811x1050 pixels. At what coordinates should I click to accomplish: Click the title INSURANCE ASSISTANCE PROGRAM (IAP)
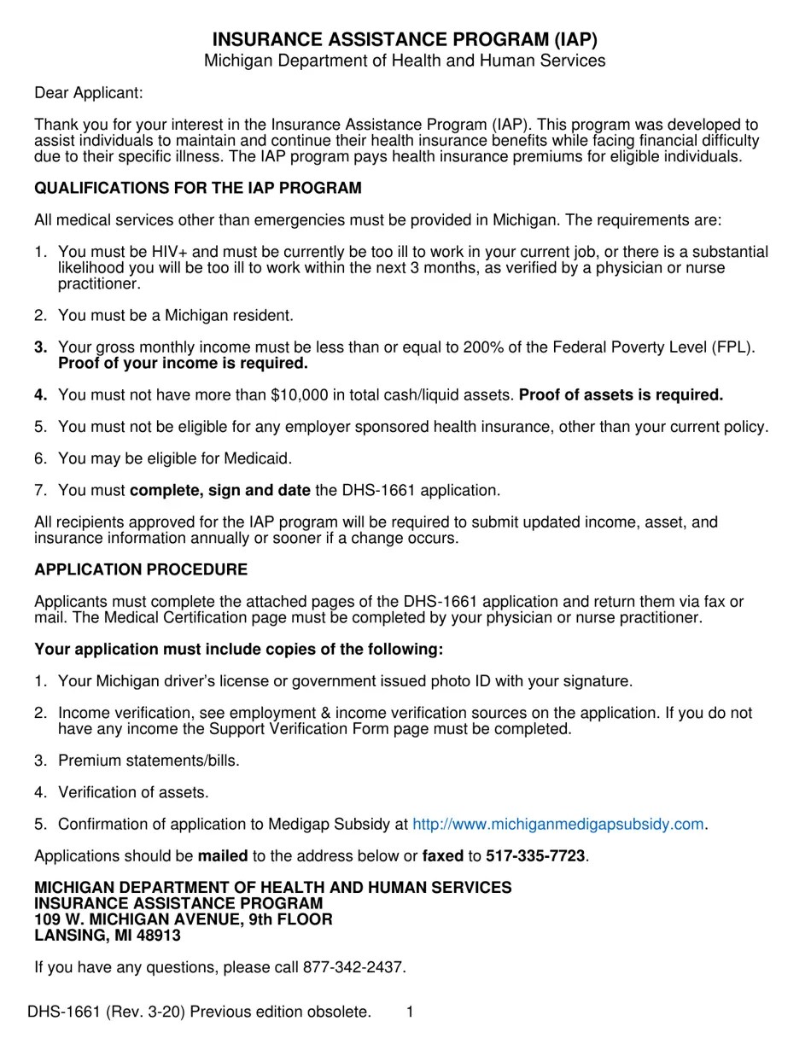[405, 39]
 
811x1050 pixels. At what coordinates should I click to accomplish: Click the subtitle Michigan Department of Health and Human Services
[405, 61]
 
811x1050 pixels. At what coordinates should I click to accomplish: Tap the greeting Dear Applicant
[89, 92]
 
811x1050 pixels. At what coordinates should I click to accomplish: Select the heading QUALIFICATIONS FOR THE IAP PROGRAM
[198, 188]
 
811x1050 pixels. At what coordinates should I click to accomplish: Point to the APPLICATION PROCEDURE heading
[141, 569]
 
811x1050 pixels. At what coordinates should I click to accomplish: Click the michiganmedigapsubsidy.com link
[558, 824]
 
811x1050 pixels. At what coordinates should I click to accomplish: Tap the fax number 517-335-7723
[535, 855]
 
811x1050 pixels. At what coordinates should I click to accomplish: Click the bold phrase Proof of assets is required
[621, 394]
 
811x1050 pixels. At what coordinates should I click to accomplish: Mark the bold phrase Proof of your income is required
[183, 363]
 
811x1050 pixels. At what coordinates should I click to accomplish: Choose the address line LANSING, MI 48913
[108, 935]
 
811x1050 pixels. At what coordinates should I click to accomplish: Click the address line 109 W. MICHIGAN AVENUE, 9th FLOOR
[184, 919]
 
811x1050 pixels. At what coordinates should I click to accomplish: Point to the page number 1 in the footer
[410, 1012]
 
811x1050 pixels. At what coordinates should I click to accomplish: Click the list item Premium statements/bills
[149, 760]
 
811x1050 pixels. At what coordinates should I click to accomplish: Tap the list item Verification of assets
[133, 792]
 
